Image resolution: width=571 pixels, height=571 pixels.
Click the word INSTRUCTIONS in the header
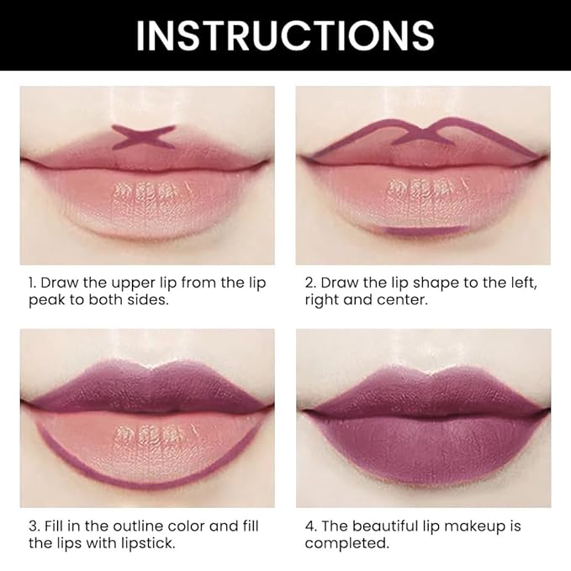tap(285, 35)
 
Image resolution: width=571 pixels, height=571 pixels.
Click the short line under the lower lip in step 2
tap(424, 230)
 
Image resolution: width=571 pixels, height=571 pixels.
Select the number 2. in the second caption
tap(310, 283)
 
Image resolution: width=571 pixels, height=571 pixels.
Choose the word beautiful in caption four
tap(393, 526)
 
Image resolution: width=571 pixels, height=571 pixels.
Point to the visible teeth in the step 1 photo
tap(145, 191)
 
